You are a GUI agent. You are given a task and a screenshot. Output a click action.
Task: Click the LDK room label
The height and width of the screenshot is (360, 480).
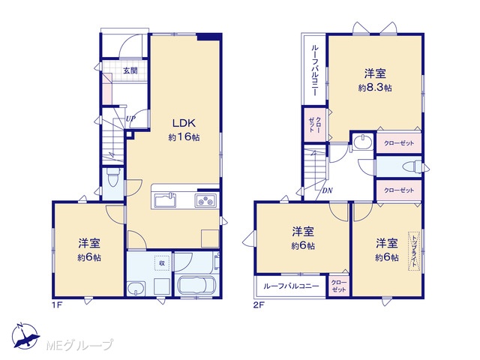[184, 123]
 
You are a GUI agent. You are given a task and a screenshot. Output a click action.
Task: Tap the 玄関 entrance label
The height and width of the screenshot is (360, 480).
[130, 70]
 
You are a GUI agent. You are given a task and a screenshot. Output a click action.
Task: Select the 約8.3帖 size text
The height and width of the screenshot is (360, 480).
[375, 88]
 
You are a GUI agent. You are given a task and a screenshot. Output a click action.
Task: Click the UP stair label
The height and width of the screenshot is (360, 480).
[130, 118]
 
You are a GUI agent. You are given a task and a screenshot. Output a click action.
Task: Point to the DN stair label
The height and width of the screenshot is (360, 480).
[327, 190]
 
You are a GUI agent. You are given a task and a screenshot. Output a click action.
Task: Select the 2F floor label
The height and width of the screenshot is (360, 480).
[259, 305]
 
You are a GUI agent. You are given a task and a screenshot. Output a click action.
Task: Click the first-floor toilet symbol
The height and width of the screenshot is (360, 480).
[112, 177]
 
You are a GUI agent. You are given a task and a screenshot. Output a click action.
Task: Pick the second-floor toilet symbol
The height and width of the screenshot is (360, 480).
[412, 167]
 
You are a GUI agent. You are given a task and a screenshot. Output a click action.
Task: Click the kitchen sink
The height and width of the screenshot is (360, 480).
[165, 200]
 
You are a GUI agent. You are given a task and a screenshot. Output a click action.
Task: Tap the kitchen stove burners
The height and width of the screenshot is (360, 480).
[205, 201]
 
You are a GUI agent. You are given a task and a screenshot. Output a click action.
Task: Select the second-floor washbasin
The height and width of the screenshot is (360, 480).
[363, 142]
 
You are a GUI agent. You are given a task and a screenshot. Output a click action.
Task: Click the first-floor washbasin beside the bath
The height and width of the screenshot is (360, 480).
[136, 288]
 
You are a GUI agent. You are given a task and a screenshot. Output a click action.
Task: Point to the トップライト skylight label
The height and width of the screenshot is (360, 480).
[414, 251]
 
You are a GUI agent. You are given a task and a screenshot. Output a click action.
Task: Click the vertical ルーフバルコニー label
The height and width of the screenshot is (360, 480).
[315, 70]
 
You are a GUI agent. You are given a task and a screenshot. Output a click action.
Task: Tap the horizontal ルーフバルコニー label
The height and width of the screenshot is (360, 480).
[291, 286]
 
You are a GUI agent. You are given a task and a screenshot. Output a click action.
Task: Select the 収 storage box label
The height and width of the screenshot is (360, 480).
[162, 262]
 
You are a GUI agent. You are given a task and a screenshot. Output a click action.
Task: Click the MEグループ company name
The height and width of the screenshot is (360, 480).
[79, 345]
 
